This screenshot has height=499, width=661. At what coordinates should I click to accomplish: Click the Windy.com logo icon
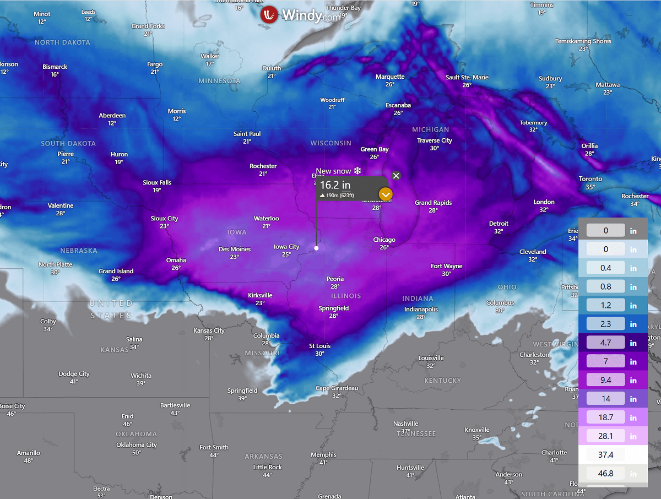tap(270, 15)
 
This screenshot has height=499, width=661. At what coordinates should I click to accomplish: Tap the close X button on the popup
tap(396, 176)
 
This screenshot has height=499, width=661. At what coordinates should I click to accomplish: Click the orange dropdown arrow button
tap(386, 194)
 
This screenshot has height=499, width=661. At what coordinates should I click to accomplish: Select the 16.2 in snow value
tap(335, 186)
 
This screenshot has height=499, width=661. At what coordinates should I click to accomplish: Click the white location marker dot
tap(316, 248)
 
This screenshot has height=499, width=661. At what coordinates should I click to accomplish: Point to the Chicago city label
tap(384, 240)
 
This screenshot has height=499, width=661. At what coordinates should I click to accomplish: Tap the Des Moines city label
tap(235, 250)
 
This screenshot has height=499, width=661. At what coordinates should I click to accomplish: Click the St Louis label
tap(319, 346)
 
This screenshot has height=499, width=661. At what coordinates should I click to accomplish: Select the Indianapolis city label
tap(421, 310)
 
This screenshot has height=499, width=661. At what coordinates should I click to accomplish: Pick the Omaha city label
tap(176, 261)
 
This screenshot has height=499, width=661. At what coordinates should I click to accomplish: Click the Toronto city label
tap(590, 179)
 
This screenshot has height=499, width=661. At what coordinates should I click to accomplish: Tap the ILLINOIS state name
tap(346, 296)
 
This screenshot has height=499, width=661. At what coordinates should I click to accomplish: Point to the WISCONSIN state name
tap(330, 143)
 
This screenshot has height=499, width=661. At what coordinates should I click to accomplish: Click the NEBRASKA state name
tap(79, 251)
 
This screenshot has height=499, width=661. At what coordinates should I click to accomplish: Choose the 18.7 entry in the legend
tap(605, 417)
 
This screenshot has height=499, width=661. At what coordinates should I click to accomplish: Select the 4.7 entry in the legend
tap(605, 343)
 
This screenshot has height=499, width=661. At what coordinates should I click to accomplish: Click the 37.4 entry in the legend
tap(605, 455)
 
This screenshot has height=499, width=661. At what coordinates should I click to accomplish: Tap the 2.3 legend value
tap(605, 324)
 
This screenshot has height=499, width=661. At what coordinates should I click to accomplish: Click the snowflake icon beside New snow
tap(357, 171)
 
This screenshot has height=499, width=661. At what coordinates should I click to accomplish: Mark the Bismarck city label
tap(55, 67)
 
